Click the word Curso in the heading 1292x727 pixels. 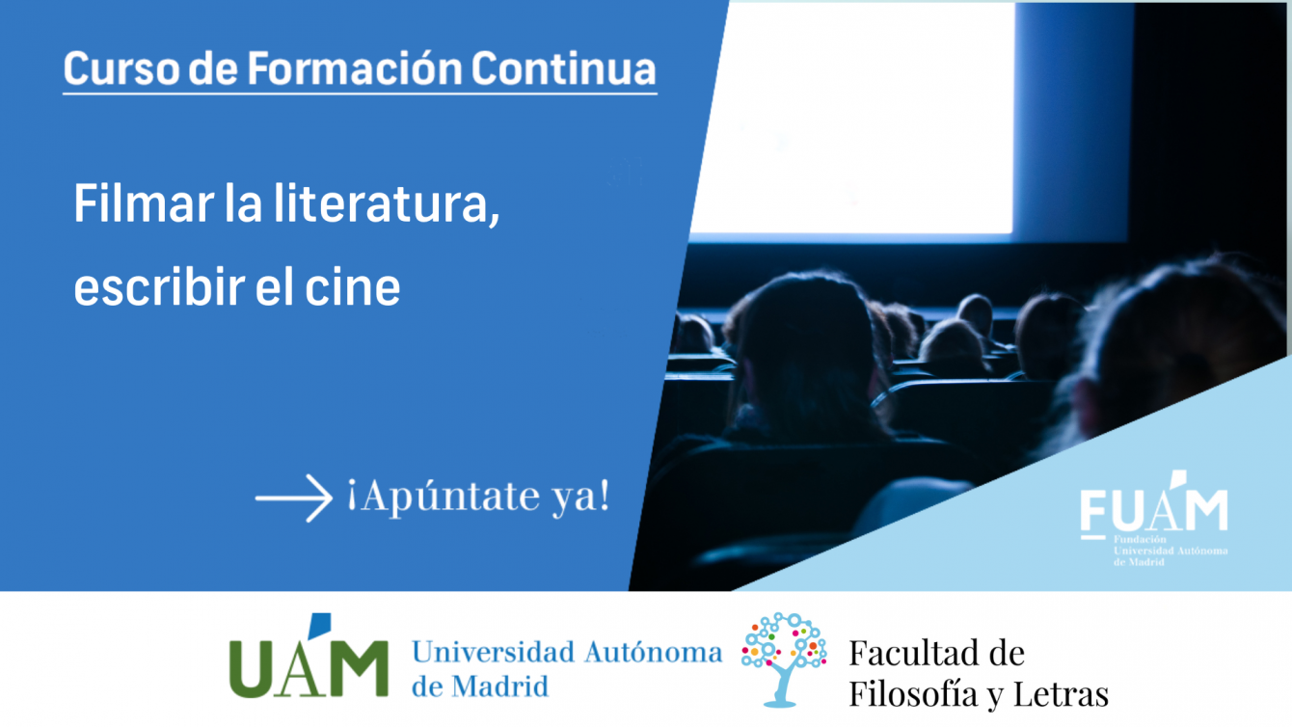(121, 68)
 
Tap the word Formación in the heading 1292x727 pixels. (355, 68)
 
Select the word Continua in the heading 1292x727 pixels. (563, 68)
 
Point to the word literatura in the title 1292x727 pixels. (387, 204)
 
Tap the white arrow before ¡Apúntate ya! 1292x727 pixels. (294, 498)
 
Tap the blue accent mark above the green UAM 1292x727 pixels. (320, 625)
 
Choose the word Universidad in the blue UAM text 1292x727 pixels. (493, 652)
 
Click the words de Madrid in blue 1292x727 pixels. (480, 687)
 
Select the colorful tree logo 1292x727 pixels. (784, 660)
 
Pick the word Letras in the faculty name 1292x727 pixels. (1062, 694)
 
